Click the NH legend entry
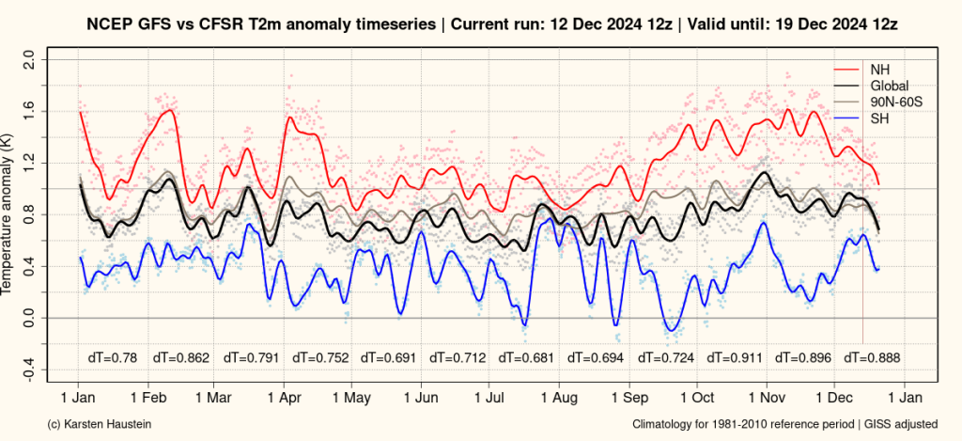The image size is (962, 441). (878, 69)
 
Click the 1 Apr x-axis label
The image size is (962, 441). (284, 398)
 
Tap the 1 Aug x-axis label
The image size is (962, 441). (559, 398)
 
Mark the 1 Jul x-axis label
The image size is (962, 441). (489, 398)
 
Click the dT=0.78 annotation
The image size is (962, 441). (112, 357)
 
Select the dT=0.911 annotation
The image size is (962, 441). (735, 357)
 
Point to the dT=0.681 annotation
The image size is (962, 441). (527, 357)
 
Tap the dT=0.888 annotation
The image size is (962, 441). (873, 357)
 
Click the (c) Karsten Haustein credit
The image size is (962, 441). (98, 425)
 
